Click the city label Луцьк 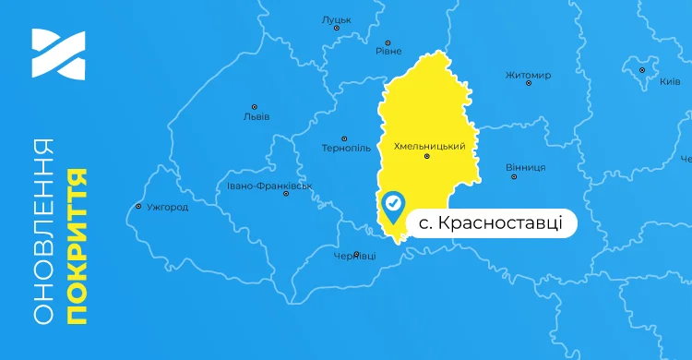click(337, 18)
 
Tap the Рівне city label click(388, 52)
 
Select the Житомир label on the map click(529, 75)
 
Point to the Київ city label click(670, 82)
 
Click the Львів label click(256, 117)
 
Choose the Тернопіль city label click(346, 148)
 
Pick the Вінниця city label click(526, 167)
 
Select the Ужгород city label click(167, 207)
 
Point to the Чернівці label click(353, 256)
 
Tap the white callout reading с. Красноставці click(492, 224)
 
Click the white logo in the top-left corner click(57, 54)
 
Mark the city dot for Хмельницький click(426, 156)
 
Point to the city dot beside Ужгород click(138, 206)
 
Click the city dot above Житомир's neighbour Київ click(642, 68)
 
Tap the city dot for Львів click(254, 106)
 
